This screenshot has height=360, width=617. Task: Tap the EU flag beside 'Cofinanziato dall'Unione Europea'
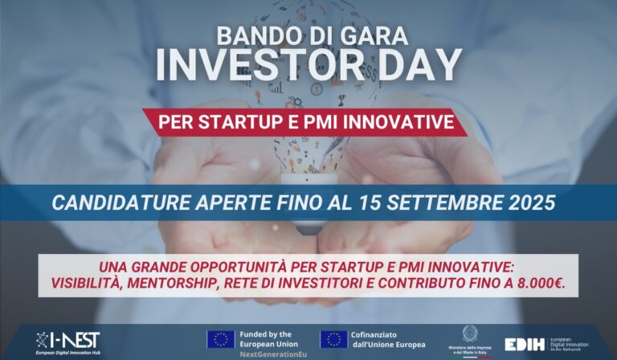click(x=333, y=339)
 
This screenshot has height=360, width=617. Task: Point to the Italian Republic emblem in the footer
click(x=469, y=333)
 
